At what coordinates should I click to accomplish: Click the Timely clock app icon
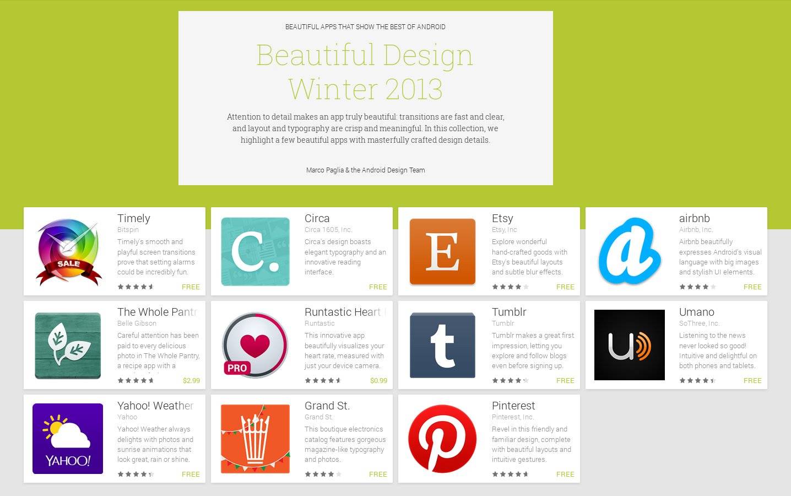tap(68, 252)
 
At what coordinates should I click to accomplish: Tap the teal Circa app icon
tap(255, 251)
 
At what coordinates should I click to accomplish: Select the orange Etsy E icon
tap(442, 251)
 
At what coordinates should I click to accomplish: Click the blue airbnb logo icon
tap(630, 251)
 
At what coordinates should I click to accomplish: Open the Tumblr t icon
tap(442, 345)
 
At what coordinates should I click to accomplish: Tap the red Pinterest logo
tap(442, 439)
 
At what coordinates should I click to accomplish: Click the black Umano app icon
tap(630, 345)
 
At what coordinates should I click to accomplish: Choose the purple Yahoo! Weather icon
tap(68, 439)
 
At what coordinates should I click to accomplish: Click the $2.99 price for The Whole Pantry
tap(191, 380)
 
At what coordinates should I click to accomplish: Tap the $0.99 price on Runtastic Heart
tap(378, 380)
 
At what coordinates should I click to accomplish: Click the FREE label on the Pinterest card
tap(565, 474)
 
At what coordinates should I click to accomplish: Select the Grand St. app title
tap(327, 406)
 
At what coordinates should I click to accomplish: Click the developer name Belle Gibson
tap(137, 324)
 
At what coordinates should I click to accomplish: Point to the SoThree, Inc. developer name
tap(699, 324)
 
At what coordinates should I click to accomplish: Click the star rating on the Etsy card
tap(510, 287)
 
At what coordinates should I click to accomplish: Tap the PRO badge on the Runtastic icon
tap(237, 368)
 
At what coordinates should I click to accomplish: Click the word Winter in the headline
tap(333, 89)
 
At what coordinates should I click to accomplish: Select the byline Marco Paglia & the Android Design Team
tap(366, 170)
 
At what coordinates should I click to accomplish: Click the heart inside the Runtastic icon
tap(255, 345)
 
